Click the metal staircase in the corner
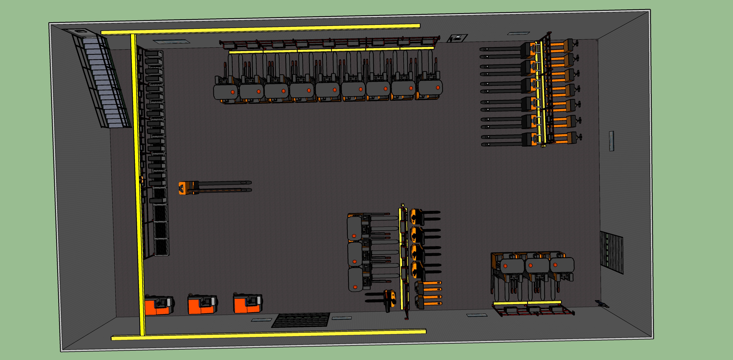click(102, 80)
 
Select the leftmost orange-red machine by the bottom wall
click(158, 305)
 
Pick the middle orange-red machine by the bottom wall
click(202, 304)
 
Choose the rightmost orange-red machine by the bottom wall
click(247, 303)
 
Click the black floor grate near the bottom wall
click(301, 320)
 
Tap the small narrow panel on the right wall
click(611, 141)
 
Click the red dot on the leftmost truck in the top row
click(233, 92)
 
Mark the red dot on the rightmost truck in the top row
click(438, 88)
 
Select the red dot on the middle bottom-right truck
click(530, 265)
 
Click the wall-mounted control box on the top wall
click(457, 38)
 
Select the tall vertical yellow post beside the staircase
click(138, 182)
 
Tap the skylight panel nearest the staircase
click(171, 41)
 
